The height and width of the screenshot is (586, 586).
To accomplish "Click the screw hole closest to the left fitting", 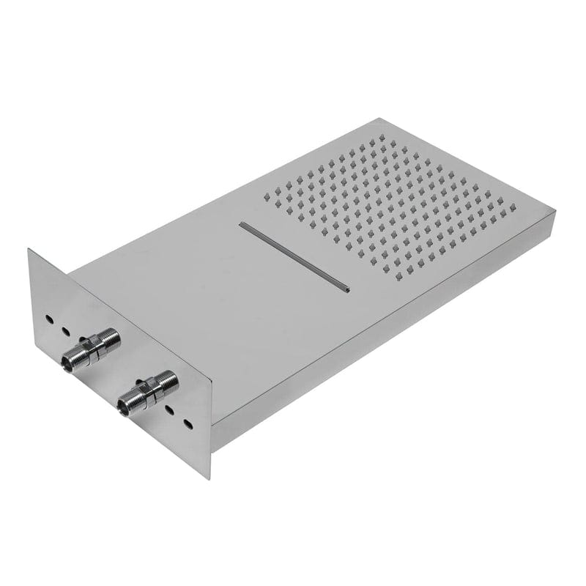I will pos(64,331).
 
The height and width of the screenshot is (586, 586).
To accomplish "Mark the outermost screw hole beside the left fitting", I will pos(48,319).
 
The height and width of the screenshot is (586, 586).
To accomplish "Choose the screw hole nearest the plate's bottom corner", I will pos(188,424).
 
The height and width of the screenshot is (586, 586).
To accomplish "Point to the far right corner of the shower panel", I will pos(555,212).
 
